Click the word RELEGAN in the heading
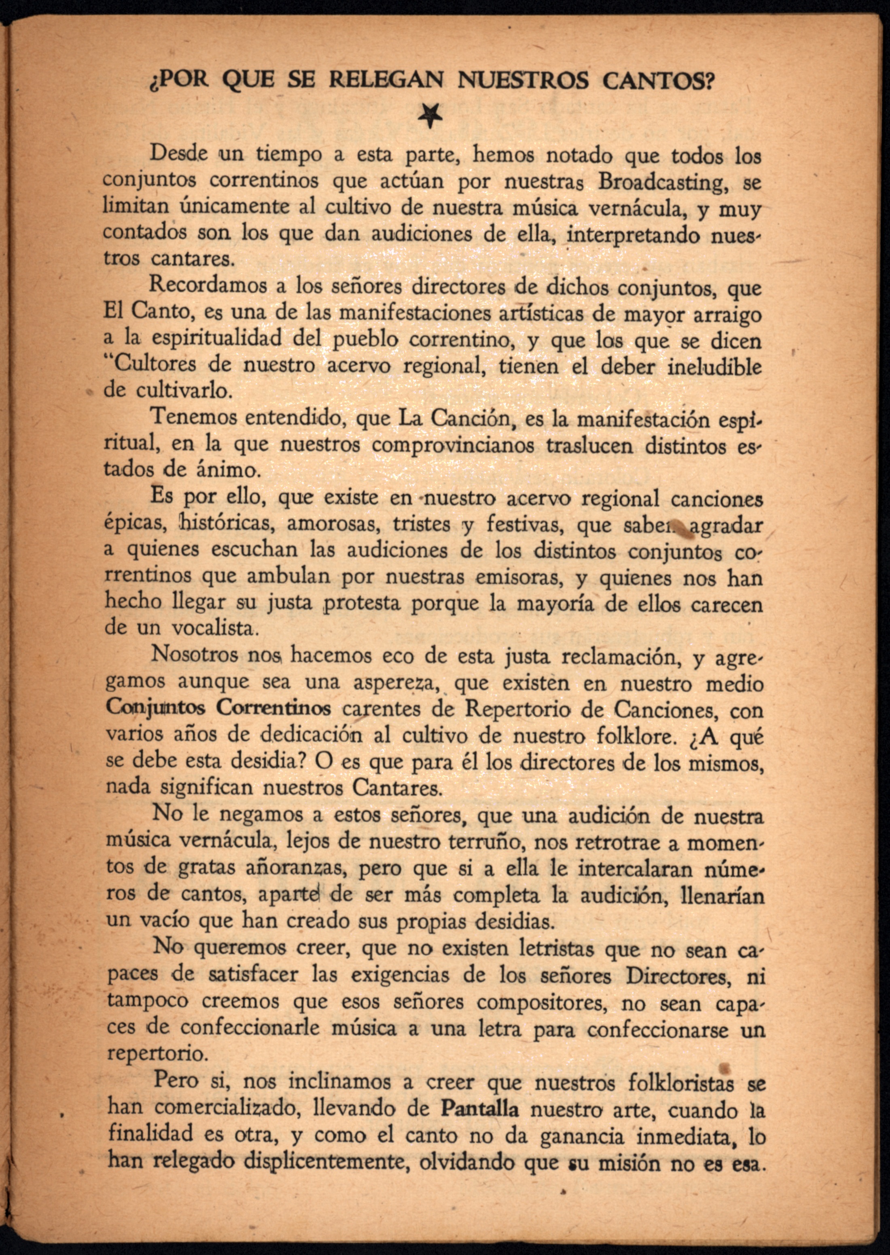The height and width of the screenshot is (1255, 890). tap(386, 81)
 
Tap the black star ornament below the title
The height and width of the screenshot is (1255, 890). tap(430, 115)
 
